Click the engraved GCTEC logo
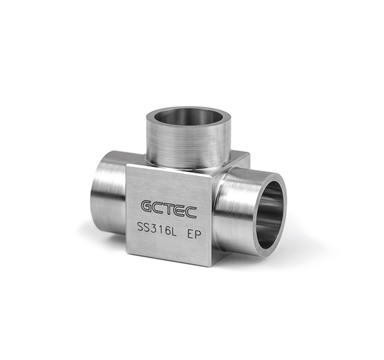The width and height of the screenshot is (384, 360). (169, 208)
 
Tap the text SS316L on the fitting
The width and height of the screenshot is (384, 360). (157, 230)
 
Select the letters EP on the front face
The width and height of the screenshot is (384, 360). (194, 234)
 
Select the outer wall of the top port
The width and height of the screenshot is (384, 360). (189, 144)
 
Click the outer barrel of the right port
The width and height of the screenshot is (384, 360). (235, 208)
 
